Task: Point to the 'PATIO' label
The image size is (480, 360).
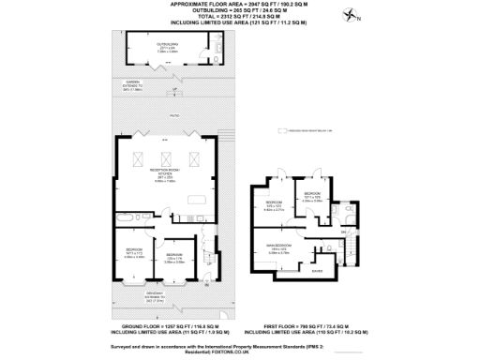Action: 174,115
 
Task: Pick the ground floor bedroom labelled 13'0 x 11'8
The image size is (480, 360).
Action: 173,257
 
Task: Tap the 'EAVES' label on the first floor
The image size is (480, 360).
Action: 318,272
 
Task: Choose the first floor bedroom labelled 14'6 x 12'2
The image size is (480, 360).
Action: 273,206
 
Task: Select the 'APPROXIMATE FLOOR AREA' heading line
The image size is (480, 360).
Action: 240,5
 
